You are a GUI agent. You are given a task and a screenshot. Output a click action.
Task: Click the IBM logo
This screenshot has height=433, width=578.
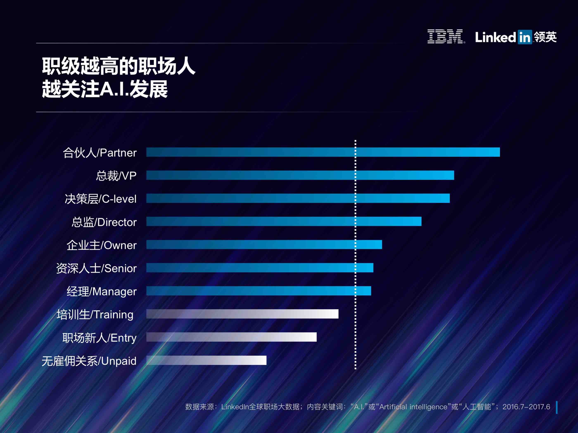click(445, 37)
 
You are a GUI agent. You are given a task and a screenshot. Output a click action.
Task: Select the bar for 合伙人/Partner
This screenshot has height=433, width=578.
click(323, 152)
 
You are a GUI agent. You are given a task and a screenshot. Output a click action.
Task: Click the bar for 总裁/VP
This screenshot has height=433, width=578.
click(300, 175)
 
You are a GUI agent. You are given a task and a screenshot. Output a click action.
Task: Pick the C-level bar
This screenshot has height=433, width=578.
click(298, 198)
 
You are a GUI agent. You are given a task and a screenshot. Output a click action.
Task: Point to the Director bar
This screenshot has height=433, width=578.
click(284, 221)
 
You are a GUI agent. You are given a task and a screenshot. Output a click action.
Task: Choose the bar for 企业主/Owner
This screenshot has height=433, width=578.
click(264, 245)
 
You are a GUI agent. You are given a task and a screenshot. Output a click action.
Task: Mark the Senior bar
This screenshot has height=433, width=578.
click(260, 268)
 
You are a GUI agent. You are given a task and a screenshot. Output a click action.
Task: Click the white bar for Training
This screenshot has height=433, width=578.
click(242, 314)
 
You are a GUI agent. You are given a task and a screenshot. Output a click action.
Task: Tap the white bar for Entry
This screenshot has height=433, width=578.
click(231, 337)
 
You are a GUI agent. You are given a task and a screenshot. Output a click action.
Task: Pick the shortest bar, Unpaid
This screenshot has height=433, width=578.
click(206, 360)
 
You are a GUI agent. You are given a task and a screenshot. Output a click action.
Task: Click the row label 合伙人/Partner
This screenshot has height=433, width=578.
click(100, 153)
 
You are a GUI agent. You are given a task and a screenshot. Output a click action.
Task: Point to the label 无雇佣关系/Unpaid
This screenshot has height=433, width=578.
click(89, 361)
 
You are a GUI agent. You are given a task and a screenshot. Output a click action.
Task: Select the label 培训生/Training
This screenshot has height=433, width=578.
click(95, 315)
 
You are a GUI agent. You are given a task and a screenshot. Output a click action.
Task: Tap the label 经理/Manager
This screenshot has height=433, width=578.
click(101, 291)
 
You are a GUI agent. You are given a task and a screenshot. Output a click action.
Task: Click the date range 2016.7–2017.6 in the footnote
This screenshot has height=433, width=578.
click(526, 407)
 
